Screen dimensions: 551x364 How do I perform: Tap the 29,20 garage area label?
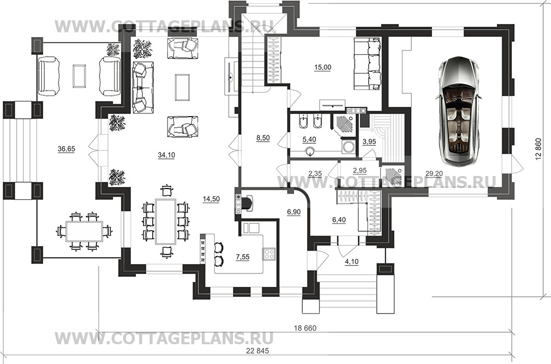434,173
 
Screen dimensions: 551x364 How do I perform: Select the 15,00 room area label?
323,67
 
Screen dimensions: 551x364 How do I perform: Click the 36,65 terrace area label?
66,149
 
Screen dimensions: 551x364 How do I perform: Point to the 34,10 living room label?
167,155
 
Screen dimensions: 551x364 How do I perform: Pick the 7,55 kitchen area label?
242,257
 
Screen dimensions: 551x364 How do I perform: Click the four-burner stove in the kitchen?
270,254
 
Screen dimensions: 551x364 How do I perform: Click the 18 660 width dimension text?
305,329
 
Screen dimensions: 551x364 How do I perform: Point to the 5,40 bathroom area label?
309,140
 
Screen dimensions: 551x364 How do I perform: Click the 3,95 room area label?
369,142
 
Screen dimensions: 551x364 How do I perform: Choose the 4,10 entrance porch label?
352,261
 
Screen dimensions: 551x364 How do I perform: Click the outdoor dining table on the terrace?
84,232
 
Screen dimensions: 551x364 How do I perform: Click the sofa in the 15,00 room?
367,64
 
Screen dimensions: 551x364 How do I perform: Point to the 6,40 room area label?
339,220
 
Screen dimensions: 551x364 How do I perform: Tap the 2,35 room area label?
315,172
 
